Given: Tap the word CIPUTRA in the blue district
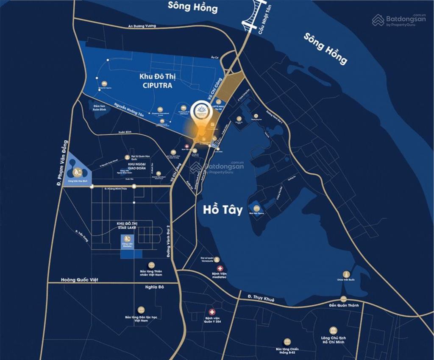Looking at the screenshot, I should pyautogui.click(x=159, y=85).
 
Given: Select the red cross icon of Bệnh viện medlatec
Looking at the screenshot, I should pyautogui.click(x=220, y=268).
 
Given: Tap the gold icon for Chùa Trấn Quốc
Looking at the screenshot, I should pyautogui.click(x=346, y=274).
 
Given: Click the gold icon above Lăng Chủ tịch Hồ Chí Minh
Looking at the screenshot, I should pyautogui.click(x=333, y=330).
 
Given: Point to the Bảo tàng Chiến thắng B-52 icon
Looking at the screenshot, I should pyautogui.click(x=287, y=341).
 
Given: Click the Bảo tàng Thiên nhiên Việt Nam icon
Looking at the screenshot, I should pyautogui.click(x=152, y=265).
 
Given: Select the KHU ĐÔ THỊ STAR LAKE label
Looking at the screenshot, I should pyautogui.click(x=129, y=226).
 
